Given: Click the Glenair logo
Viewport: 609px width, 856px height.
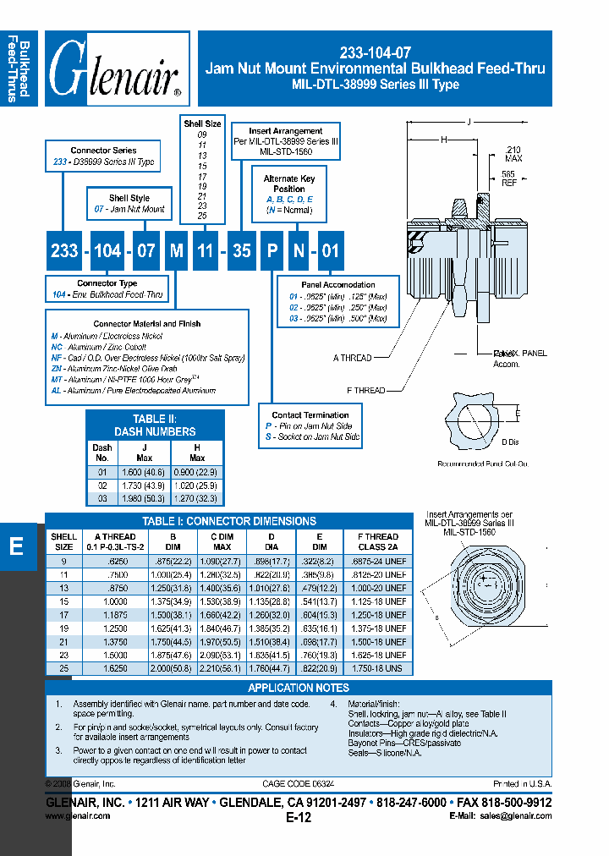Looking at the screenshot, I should click(x=116, y=69).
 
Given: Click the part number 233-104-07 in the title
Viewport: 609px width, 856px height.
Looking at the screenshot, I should click(x=375, y=50).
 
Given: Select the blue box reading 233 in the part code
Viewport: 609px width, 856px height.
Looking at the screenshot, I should click(x=64, y=250).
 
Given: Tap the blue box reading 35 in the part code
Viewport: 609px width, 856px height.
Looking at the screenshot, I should click(x=242, y=250).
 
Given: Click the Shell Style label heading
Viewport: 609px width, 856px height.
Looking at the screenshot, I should click(x=129, y=198).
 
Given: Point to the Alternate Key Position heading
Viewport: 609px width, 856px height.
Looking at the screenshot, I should click(x=289, y=184).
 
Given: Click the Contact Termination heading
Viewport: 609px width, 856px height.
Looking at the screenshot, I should click(x=310, y=414).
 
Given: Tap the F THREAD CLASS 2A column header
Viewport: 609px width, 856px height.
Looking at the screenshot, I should click(x=378, y=541).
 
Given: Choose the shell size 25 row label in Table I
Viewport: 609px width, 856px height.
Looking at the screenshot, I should click(x=63, y=667).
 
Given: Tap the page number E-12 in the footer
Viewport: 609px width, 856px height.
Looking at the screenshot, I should click(x=299, y=818).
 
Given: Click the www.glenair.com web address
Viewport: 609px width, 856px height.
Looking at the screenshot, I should click(x=77, y=816).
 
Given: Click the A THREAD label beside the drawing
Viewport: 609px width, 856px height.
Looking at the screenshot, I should click(x=352, y=358).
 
